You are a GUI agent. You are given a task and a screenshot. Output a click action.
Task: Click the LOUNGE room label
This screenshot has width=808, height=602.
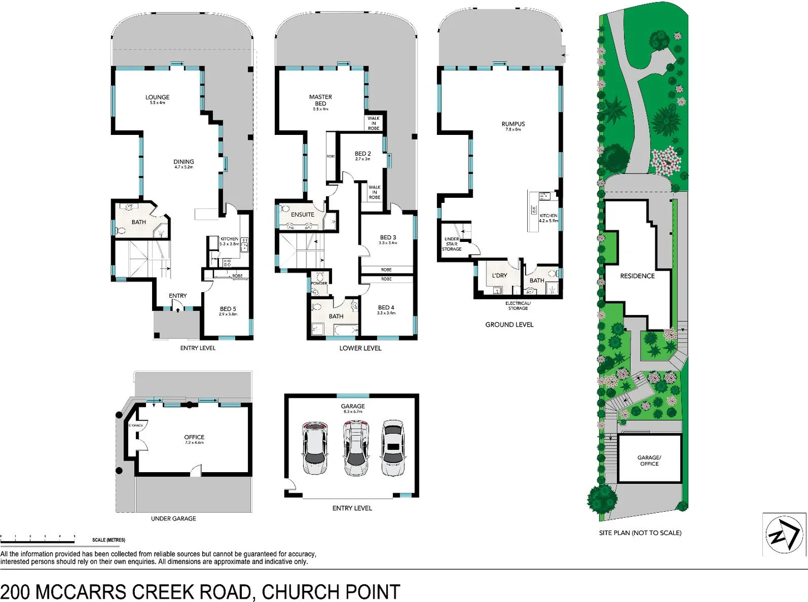(157, 98)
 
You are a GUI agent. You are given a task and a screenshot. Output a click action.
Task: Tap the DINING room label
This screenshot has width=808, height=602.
(183, 162)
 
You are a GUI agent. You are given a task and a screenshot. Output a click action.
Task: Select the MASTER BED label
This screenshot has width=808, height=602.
(320, 100)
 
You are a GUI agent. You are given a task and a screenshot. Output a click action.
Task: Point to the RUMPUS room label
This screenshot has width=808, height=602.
(513, 124)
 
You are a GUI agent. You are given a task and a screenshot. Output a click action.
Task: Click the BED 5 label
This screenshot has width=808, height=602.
(228, 309)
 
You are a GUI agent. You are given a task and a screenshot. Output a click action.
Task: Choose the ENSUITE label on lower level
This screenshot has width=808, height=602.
(303, 215)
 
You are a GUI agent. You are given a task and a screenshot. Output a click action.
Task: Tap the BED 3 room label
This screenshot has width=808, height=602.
(388, 237)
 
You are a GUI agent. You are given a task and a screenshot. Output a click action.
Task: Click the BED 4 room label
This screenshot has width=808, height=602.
(386, 308)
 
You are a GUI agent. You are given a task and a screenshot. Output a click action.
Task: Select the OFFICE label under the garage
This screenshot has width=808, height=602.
(194, 438)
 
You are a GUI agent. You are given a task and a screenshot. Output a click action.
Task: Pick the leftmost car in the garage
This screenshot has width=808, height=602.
(315, 448)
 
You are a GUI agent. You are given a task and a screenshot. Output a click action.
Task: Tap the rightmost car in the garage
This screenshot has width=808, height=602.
(393, 444)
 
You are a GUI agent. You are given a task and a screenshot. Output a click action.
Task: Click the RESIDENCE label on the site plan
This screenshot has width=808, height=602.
(637, 276)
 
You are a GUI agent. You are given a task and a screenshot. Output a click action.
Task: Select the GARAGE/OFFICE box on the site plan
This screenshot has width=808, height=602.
(649, 460)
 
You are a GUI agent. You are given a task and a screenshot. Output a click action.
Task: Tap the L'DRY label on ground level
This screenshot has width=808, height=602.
(499, 275)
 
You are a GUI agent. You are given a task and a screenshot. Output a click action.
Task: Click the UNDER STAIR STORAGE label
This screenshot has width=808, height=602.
(452, 244)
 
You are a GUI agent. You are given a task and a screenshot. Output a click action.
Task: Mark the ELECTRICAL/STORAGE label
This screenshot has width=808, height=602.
(518, 305)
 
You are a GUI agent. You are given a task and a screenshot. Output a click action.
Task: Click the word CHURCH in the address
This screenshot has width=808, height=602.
(295, 591)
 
